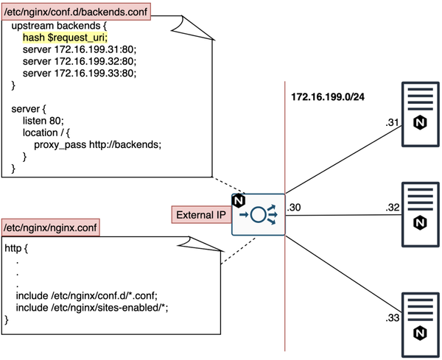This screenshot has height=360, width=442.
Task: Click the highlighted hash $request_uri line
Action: (65, 36)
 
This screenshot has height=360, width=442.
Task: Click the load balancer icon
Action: (259, 216)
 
